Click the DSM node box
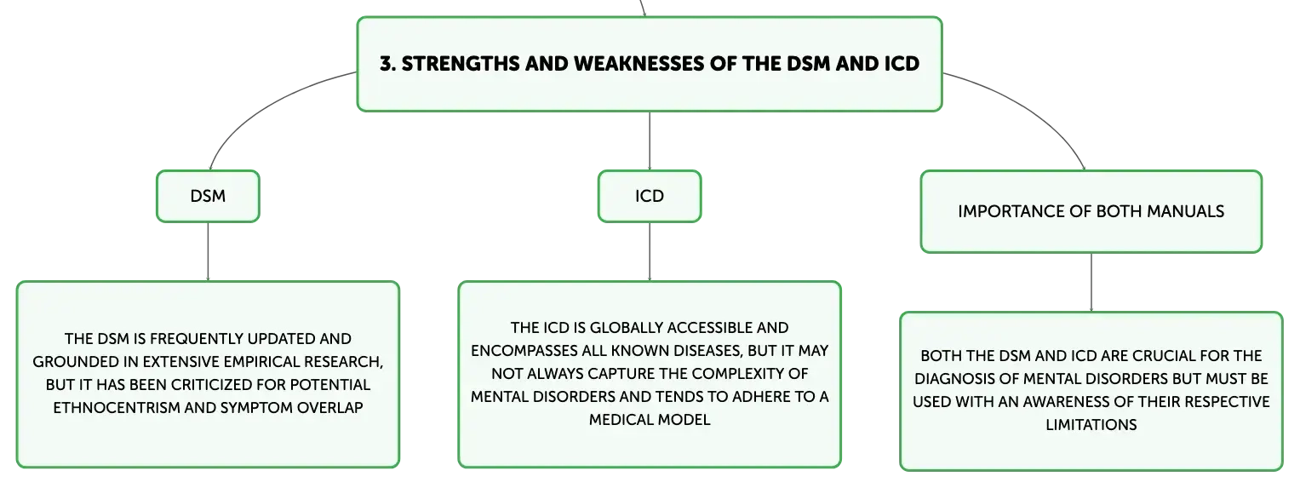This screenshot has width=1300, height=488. (x=208, y=196)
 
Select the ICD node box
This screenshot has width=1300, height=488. (x=650, y=196)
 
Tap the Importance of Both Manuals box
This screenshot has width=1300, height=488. (x=1091, y=211)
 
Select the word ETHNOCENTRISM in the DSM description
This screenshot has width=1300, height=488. (x=117, y=407)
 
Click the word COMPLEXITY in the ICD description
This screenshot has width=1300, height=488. (x=742, y=374)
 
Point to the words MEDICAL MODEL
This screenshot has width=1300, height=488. (x=650, y=420)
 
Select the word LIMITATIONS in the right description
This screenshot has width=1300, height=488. (x=1091, y=425)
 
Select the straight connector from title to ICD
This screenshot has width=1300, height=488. (x=650, y=141)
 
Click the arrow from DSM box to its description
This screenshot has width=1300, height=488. (x=208, y=252)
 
